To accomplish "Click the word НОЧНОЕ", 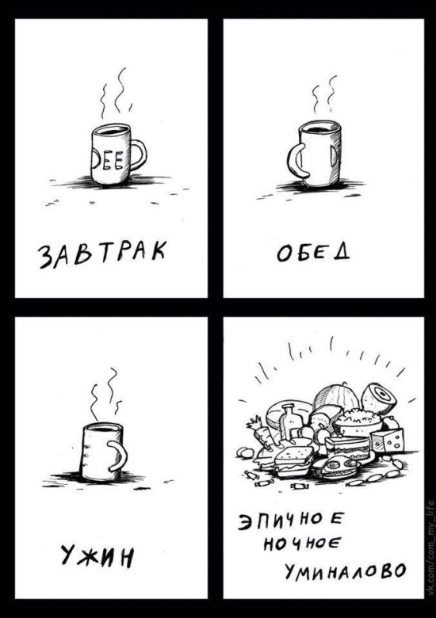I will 311,545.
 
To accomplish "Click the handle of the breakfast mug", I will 140,154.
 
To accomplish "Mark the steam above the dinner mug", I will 105,392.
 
